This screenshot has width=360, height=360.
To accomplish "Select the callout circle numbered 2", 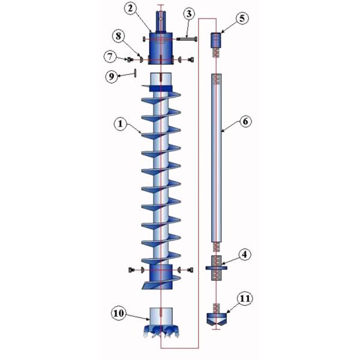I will pyautogui.click(x=131, y=9).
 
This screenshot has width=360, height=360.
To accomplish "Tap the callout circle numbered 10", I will pyautogui.click(x=120, y=313).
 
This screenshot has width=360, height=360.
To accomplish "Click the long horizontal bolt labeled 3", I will pyautogui.click(x=187, y=40).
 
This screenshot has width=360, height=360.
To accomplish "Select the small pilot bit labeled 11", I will pyautogui.click(x=217, y=318).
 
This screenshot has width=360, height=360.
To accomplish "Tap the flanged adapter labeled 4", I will pyautogui.click(x=217, y=265).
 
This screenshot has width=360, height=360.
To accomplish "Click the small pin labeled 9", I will pyautogui.click(x=135, y=73).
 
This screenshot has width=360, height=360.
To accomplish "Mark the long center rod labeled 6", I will pyautogui.click(x=217, y=156).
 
